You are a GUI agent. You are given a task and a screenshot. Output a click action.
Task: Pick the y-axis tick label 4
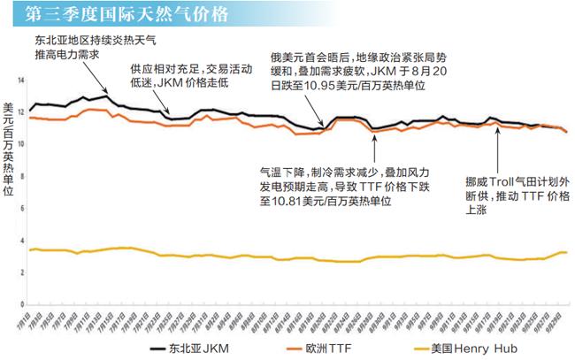click(x=22, y=240)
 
